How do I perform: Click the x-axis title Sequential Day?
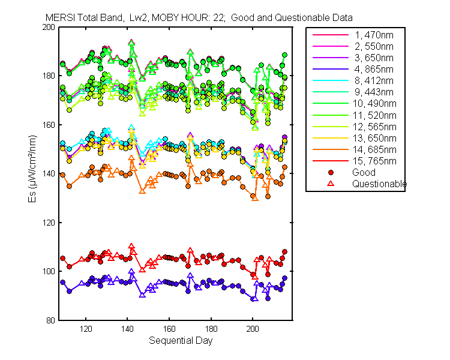point(180,341)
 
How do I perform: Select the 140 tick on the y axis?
point(49,174)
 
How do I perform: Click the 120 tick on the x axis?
point(86,329)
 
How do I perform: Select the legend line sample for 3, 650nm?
point(331,58)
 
